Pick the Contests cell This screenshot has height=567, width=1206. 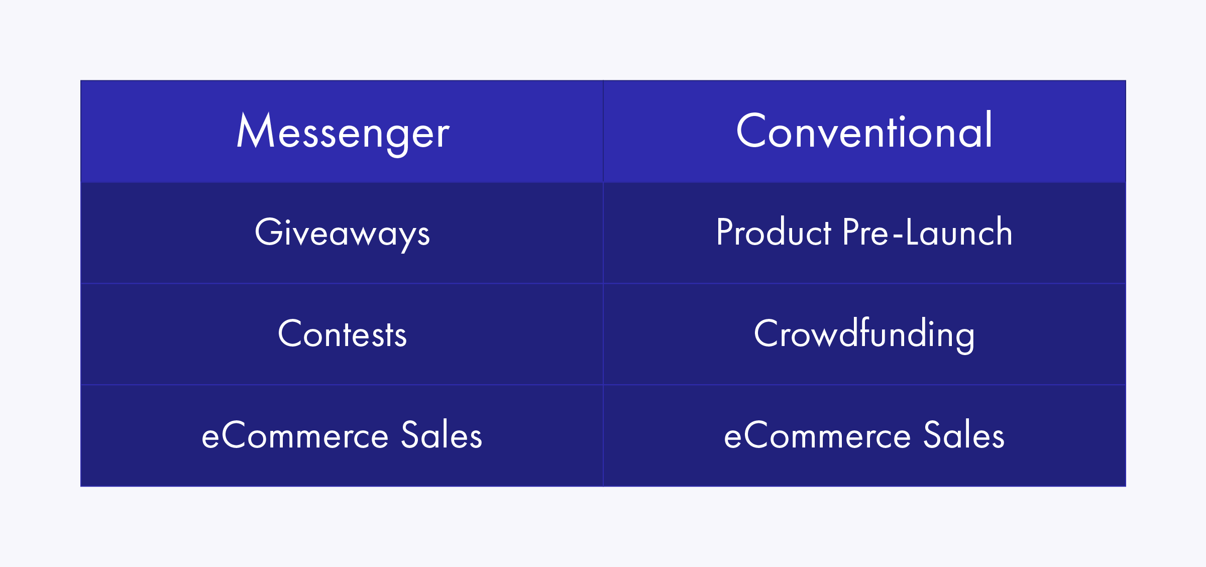click(342, 333)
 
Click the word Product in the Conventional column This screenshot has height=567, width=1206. click(774, 232)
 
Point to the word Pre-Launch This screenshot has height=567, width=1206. click(928, 232)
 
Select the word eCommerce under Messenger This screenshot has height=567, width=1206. click(295, 435)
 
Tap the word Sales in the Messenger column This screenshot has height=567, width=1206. click(442, 434)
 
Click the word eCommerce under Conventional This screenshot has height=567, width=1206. click(817, 435)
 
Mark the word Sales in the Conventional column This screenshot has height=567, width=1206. click(964, 434)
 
